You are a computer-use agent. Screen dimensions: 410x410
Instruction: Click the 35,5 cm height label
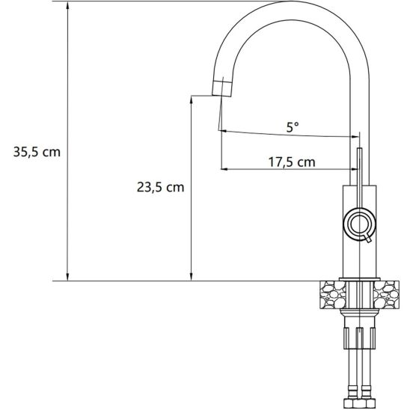pyautogui.click(x=37, y=151)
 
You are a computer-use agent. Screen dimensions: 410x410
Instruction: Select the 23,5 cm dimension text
pyautogui.click(x=160, y=188)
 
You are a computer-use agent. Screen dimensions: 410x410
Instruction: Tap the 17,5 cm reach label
pyautogui.click(x=291, y=162)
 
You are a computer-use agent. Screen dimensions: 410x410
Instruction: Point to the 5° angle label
pyautogui.click(x=293, y=127)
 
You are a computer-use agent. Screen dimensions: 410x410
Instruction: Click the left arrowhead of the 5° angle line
pyautogui.click(x=223, y=131)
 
